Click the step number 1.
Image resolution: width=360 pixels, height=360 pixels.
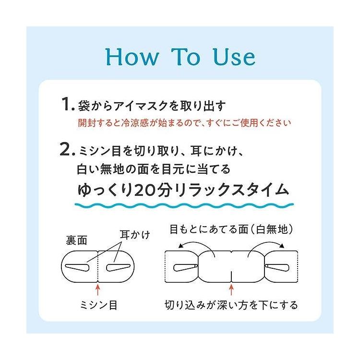click(x=66, y=104)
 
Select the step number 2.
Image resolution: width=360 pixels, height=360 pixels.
click(x=66, y=150)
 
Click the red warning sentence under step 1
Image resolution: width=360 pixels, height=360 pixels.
click(x=185, y=122)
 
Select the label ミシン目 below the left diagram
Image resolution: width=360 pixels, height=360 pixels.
click(x=98, y=304)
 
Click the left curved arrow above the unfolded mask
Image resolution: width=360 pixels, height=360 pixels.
click(x=194, y=244)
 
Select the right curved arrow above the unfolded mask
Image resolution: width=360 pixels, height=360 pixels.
click(x=266, y=244)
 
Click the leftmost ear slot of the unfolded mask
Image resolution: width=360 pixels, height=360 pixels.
click(x=184, y=266)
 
